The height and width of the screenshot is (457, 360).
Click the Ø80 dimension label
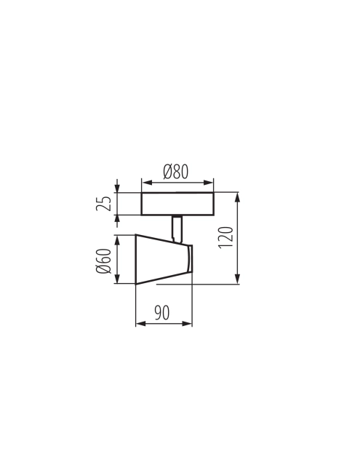(x=176, y=172)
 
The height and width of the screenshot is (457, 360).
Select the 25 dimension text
(x=103, y=204)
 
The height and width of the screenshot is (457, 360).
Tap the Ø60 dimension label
(x=103, y=261)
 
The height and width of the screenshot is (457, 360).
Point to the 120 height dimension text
(x=226, y=237)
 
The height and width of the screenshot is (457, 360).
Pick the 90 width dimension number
(x=161, y=313)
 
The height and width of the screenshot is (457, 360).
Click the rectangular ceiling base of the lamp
(x=177, y=204)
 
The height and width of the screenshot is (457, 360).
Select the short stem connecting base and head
(x=177, y=229)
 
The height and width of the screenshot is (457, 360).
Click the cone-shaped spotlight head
(x=164, y=259)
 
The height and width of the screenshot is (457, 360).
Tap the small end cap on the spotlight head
(x=190, y=258)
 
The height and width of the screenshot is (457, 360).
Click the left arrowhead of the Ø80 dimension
(x=147, y=183)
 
